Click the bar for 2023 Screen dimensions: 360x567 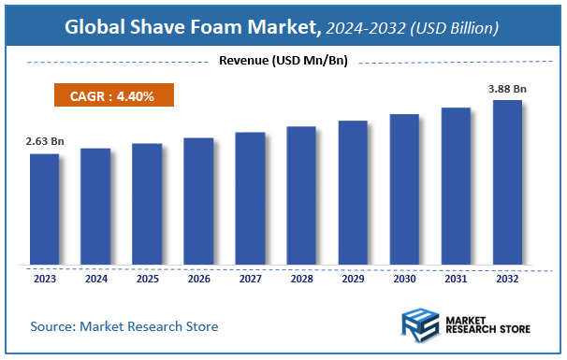point(44,209)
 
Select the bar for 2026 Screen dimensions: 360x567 point(198,201)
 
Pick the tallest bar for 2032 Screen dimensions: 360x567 point(507,181)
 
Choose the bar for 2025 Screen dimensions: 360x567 point(147,204)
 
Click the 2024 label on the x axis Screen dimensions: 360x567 point(95,278)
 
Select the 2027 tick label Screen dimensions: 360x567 point(250,278)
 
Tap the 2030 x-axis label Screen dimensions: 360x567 point(404,278)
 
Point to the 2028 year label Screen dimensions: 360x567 point(301,278)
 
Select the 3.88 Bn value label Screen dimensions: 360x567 point(507,89)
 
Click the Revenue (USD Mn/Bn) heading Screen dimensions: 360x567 point(283,62)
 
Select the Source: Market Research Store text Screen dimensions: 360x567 point(124,326)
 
